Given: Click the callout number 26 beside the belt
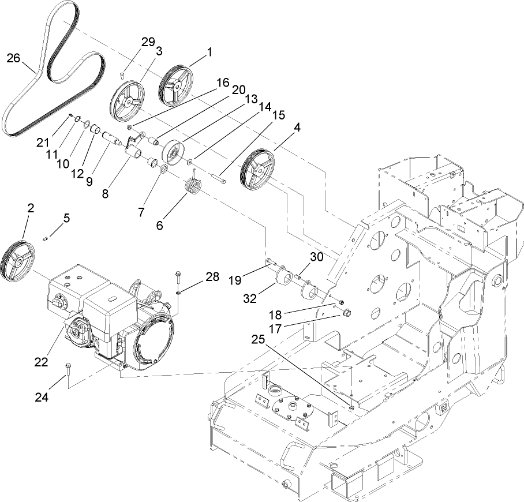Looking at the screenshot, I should coord(13,58).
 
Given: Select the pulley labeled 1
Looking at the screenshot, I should coord(175,87).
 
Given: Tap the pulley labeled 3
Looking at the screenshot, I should coord(128,103).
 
